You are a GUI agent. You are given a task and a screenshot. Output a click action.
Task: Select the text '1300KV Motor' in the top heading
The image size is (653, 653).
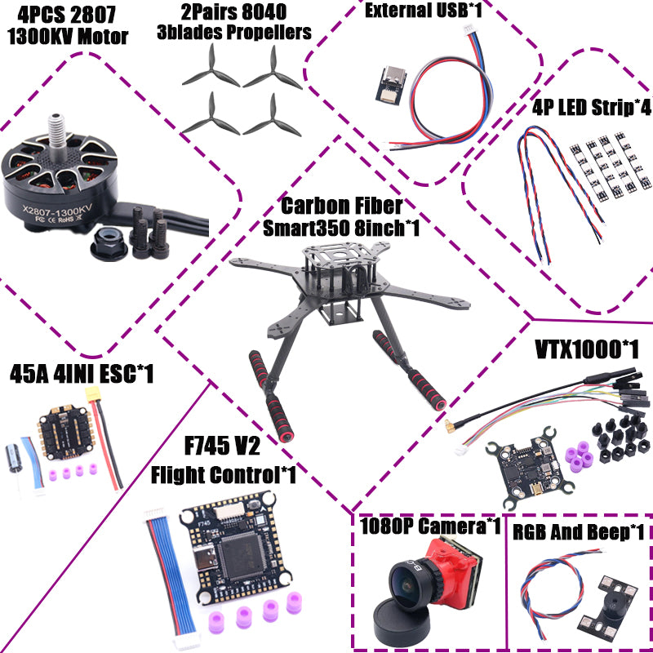(67, 36)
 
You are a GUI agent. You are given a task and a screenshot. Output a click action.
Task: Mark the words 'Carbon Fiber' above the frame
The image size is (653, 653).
(341, 206)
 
